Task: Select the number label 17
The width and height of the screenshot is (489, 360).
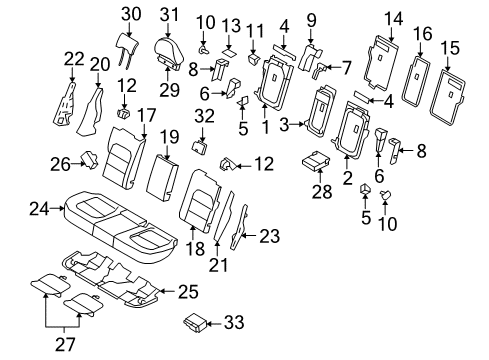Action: click(146, 115)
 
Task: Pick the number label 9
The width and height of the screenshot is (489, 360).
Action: click(310, 18)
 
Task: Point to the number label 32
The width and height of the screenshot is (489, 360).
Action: click(204, 115)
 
